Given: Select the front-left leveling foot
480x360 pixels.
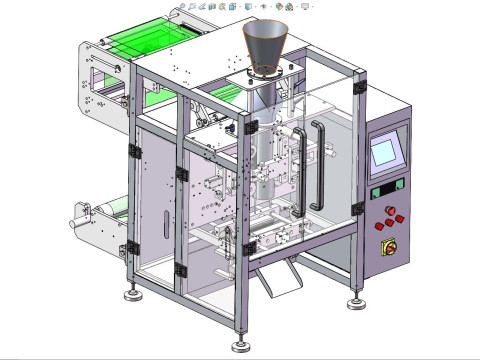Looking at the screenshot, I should (131, 294).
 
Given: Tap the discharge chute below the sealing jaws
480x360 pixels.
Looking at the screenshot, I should (277, 276).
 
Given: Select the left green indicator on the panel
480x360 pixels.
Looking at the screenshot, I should (378, 190).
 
